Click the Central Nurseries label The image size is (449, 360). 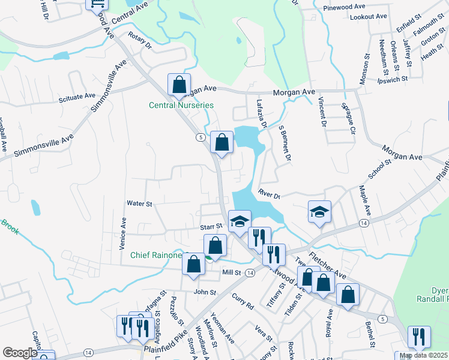(181, 106)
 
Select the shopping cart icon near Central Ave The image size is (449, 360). (97, 3)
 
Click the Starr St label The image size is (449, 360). (211, 227)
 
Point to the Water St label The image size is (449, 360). (139, 204)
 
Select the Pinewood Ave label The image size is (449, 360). (344, 7)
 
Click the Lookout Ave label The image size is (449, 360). (369, 17)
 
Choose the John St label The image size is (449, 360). (204, 292)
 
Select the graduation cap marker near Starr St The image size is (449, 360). (238, 221)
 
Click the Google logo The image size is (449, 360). (20, 353)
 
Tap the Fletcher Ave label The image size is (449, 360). (327, 264)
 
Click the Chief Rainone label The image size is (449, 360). (156, 256)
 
